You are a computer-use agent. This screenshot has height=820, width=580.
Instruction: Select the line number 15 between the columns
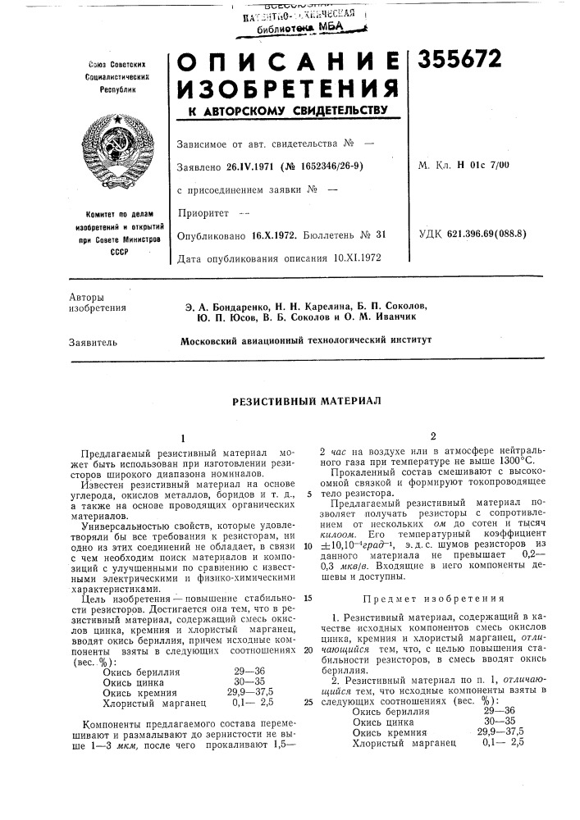click(307, 552)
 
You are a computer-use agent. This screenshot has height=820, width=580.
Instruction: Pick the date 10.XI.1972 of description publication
click(355, 258)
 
